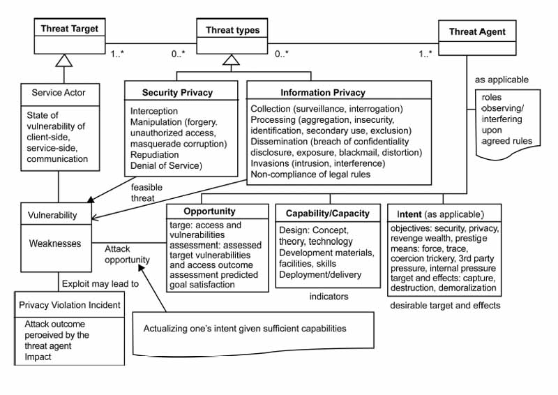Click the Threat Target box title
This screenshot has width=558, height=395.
[69, 29]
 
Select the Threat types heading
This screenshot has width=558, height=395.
[232, 30]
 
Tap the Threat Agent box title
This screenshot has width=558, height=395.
[477, 31]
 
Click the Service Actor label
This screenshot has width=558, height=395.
[57, 92]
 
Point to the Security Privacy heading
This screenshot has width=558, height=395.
[177, 92]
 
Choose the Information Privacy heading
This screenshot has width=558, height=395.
[322, 92]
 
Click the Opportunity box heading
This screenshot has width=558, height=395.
[209, 211]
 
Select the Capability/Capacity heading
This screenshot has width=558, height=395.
[328, 213]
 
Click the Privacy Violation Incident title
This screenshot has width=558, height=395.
[70, 304]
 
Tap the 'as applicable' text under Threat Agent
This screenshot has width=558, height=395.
[502, 80]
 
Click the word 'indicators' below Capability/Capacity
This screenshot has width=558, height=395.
[329, 297]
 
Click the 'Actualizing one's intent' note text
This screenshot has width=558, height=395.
[244, 328]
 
